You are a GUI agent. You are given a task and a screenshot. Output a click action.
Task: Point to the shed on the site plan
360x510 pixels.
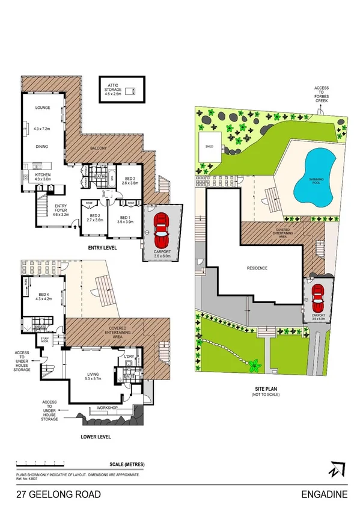pos(209,147)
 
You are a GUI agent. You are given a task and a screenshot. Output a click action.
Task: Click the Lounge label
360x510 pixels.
pos(41,108)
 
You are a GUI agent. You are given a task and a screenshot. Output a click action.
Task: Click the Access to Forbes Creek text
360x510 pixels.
pos(321,95)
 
